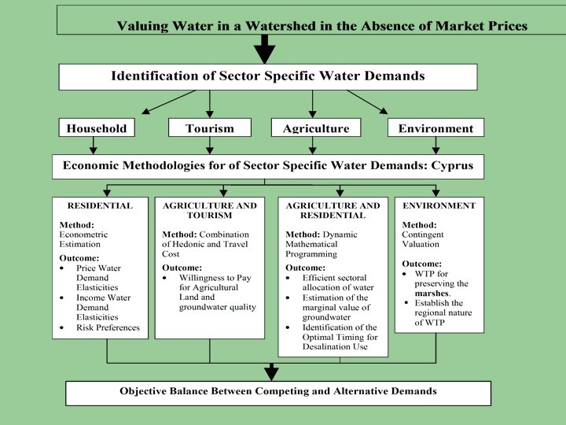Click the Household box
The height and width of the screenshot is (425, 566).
point(97,128)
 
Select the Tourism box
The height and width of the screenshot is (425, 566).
point(209,128)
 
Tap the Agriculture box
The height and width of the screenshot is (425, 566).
point(315,128)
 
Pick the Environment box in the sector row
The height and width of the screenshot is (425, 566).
point(436,128)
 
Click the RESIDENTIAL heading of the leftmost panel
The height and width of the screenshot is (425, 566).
point(100,206)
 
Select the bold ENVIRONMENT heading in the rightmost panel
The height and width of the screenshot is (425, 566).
point(439,206)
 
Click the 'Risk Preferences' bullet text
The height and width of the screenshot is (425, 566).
point(108,328)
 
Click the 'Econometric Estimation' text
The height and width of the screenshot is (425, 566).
point(84,239)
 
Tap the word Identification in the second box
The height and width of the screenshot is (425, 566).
point(153,76)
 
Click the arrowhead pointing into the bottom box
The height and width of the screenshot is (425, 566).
point(271,372)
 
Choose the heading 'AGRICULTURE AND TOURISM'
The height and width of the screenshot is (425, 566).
point(209,211)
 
